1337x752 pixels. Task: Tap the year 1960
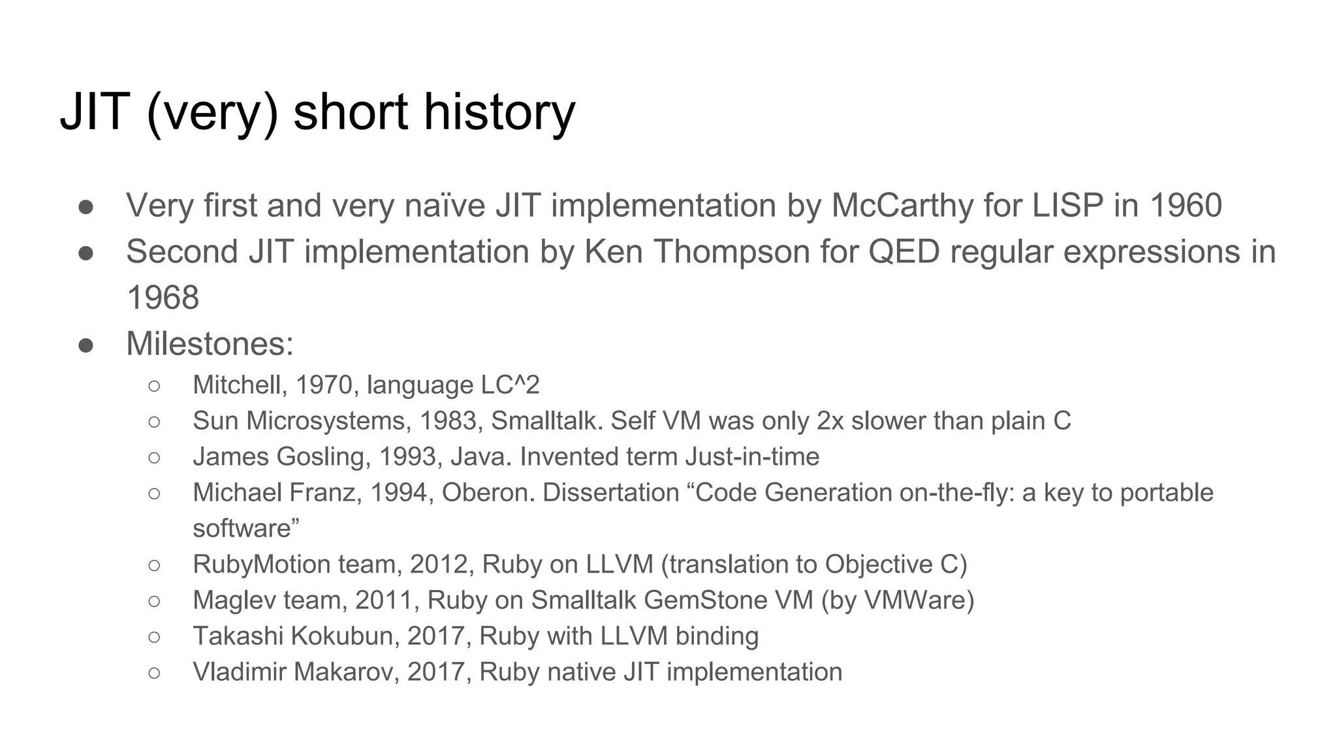[1186, 206]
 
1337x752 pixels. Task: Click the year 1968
[163, 298]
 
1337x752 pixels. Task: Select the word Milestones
[210, 344]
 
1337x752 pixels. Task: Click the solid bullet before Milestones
[86, 345]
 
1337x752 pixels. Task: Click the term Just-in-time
[752, 457]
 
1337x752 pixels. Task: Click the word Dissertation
[611, 493]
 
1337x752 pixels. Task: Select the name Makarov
[346, 672]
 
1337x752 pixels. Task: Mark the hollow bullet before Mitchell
[154, 386]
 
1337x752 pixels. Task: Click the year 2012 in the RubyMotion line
[441, 565]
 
